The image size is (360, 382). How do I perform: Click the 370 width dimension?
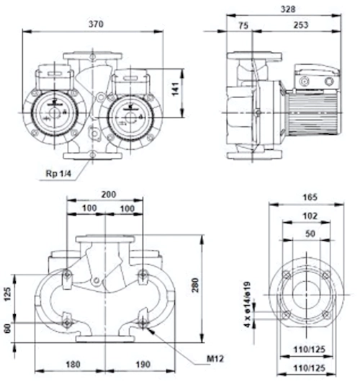click(x=96, y=24)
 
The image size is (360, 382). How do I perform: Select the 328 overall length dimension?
click(x=288, y=9)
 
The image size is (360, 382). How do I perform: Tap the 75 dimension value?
click(x=243, y=25)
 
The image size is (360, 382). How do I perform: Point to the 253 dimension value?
click(x=301, y=25)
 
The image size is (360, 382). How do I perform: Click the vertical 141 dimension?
click(x=176, y=89)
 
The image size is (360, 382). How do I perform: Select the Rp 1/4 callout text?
click(x=58, y=174)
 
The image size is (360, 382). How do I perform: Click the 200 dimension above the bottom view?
click(x=109, y=195)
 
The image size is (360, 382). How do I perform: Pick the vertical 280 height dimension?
click(x=195, y=285)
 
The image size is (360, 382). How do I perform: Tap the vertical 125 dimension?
click(x=8, y=294)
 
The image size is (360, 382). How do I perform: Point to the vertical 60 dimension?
click(x=8, y=328)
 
